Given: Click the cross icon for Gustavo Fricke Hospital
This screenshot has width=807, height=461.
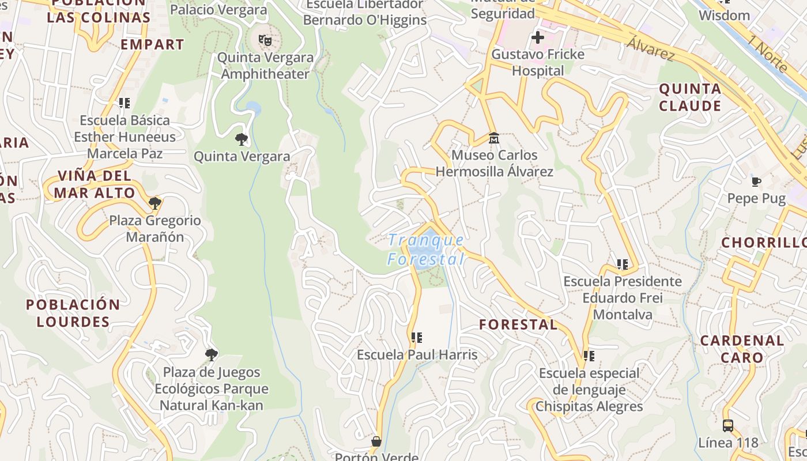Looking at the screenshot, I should pyautogui.click(x=537, y=38).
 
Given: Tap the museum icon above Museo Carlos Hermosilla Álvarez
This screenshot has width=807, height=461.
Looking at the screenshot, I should pyautogui.click(x=494, y=138).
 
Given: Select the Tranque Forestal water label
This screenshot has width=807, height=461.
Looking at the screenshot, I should pyautogui.click(x=426, y=250).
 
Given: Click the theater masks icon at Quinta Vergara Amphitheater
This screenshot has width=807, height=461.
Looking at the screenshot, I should pyautogui.click(x=265, y=40).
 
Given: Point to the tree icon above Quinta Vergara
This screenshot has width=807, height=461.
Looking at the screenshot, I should pyautogui.click(x=242, y=139).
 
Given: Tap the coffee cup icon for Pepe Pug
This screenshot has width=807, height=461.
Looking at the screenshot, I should pyautogui.click(x=756, y=182).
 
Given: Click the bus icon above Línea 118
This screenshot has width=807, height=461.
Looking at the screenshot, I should pyautogui.click(x=728, y=426).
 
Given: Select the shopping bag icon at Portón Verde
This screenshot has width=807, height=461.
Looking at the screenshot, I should pyautogui.click(x=376, y=441).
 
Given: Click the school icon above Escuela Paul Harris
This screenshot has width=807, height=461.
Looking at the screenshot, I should pyautogui.click(x=417, y=337).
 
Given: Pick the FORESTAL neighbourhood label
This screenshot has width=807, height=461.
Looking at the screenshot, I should pyautogui.click(x=518, y=324).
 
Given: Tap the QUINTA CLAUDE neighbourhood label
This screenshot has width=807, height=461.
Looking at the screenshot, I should pyautogui.click(x=690, y=97).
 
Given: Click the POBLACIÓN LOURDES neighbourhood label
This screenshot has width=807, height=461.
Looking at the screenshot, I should pyautogui.click(x=73, y=313).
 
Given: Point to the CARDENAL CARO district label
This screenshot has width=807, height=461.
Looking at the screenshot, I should pyautogui.click(x=742, y=349).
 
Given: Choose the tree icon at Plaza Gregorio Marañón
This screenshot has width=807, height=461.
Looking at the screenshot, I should pyautogui.click(x=154, y=203).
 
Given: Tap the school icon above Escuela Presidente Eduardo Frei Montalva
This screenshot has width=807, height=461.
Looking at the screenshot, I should pyautogui.click(x=622, y=264).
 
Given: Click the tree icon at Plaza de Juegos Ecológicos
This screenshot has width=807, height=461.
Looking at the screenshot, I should pyautogui.click(x=212, y=354).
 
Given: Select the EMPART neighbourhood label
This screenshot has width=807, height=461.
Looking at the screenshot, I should pyautogui.click(x=152, y=44).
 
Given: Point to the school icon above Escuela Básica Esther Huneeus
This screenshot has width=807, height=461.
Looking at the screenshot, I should pyautogui.click(x=125, y=103).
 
